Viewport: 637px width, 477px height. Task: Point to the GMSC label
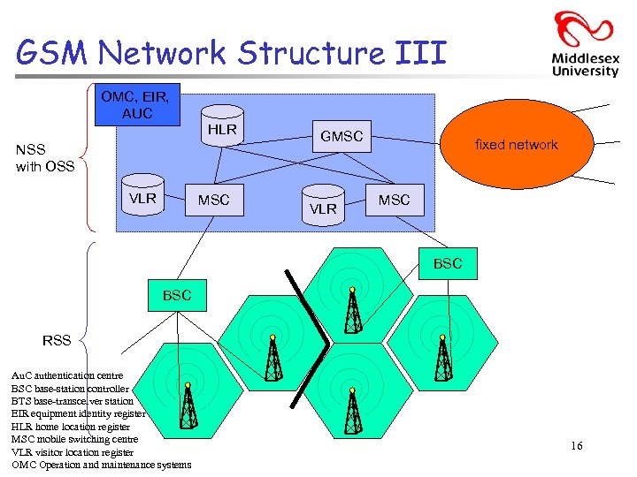341,137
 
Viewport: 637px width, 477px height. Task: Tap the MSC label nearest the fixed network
394,201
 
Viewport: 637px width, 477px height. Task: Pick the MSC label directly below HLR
213,201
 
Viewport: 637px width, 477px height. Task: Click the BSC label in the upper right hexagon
447,263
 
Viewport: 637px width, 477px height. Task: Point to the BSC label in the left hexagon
177,295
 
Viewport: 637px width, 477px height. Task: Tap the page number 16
576,446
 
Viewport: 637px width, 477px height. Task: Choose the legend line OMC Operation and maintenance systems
100,465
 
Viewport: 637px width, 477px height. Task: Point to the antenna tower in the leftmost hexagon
188,406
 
